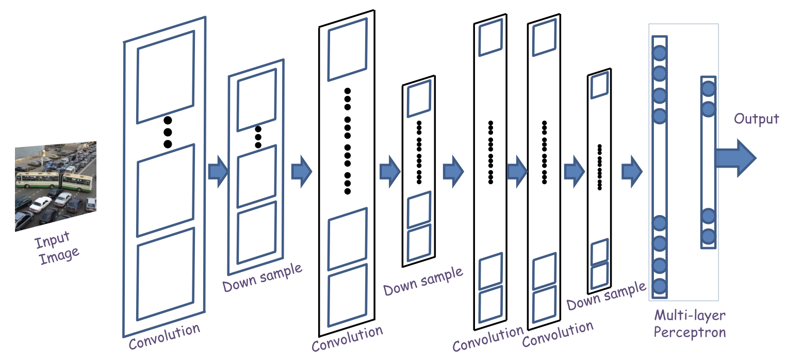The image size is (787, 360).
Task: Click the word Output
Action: point(757,119)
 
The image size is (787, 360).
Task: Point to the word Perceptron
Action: point(689,332)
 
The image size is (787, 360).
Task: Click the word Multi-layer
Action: point(690,315)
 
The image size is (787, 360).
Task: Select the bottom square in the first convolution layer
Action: point(166,274)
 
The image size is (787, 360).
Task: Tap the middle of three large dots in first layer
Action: point(168,133)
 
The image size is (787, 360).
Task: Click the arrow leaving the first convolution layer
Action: point(218,172)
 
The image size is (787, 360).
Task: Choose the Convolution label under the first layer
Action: point(164,336)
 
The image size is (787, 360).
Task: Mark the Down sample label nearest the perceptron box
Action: point(606,296)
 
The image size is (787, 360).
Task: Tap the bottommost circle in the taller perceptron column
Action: point(660,286)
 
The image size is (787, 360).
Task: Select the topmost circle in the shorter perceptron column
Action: point(708,89)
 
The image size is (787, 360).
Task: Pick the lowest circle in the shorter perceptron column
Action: point(708,237)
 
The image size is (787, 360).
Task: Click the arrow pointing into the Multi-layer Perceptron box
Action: point(632,170)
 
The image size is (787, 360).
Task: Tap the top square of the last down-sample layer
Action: point(599,86)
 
